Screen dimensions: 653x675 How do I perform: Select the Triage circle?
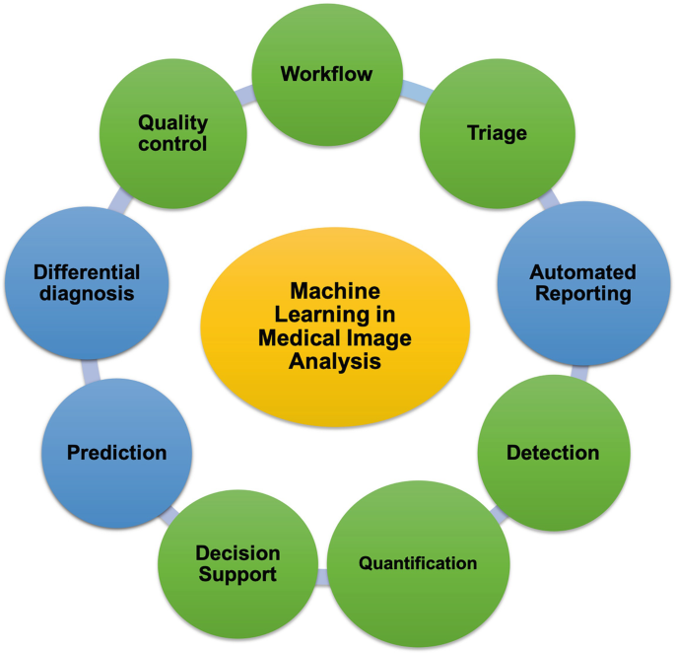(497, 133)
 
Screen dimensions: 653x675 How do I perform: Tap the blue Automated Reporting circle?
(582, 283)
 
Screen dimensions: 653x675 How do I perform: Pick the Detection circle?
(552, 453)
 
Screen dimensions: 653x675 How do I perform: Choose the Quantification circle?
(417, 563)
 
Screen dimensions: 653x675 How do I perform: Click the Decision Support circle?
(237, 563)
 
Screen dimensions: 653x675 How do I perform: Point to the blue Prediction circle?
(116, 453)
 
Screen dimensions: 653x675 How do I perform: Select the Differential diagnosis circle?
(87, 283)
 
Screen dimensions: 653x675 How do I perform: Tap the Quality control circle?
(173, 133)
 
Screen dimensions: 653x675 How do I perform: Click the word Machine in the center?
(335, 291)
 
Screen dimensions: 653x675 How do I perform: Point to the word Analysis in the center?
(335, 362)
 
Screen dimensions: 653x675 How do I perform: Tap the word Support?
(237, 574)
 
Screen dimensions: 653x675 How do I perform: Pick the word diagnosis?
(87, 294)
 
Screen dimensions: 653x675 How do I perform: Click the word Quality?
(173, 122)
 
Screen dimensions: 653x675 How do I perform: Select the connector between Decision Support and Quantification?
(322, 578)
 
